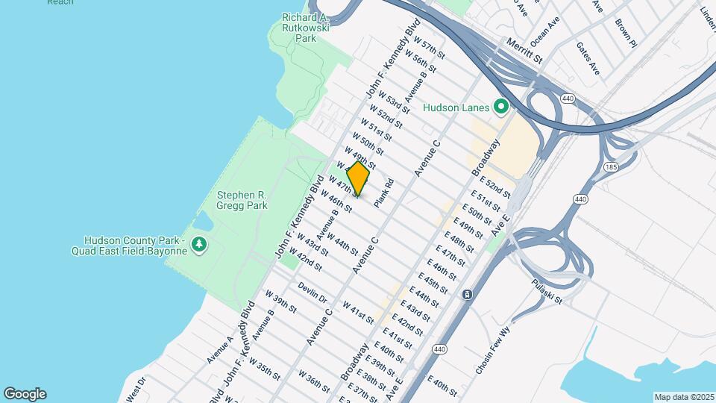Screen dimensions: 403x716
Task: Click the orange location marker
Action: pos(359,179)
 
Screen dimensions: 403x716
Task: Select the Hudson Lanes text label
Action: pos(456,107)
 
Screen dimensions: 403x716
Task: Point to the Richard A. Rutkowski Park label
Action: pos(306,28)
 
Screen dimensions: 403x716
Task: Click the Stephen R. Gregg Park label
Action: pos(242,200)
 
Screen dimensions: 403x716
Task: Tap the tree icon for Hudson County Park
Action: pos(199,245)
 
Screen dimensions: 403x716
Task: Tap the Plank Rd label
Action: pos(384,193)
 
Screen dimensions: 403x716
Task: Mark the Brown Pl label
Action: pos(625,34)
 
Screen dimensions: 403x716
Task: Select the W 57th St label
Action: pos(430,46)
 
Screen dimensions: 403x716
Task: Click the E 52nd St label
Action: pos(495,187)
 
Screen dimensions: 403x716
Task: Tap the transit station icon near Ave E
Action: pos(467,295)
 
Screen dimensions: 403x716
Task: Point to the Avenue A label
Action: pos(221,349)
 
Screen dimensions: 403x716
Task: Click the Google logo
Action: pos(25,394)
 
